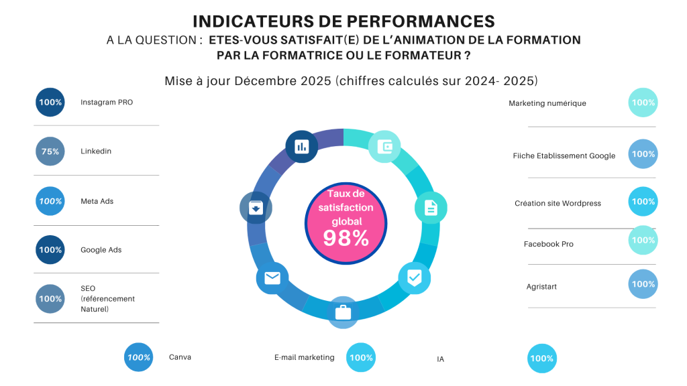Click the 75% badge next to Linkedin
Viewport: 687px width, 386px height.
tap(50, 151)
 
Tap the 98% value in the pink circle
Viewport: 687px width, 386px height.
tap(346, 238)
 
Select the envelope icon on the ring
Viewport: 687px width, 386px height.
tap(272, 278)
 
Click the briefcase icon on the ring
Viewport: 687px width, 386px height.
tap(343, 312)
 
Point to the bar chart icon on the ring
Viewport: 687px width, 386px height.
tap(301, 147)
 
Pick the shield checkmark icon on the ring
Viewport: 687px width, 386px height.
tap(415, 277)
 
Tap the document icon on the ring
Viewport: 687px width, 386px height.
tap(431, 208)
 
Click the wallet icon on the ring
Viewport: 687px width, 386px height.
tap(384, 146)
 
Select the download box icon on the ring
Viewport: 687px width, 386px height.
tap(256, 208)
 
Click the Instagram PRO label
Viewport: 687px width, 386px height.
tap(107, 103)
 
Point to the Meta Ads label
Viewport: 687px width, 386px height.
tap(97, 201)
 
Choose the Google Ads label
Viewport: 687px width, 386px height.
tap(101, 250)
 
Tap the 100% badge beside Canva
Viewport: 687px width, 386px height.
tap(138, 357)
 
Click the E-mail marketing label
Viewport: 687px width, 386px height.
tap(304, 357)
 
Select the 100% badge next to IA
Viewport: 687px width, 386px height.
tap(542, 359)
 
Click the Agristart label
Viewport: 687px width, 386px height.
tap(541, 287)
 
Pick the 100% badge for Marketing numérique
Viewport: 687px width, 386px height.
tap(643, 103)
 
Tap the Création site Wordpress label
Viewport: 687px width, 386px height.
tap(558, 203)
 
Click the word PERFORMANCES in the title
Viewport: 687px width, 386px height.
tap(421, 21)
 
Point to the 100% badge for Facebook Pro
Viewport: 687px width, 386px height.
tap(643, 240)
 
